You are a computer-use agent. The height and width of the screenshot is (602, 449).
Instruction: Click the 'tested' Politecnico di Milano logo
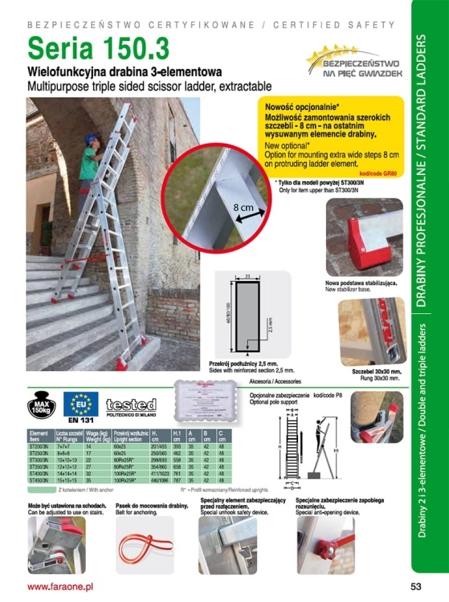pyautogui.click(x=130, y=405)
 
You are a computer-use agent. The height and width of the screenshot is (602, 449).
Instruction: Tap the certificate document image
pyautogui.click(x=205, y=405)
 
